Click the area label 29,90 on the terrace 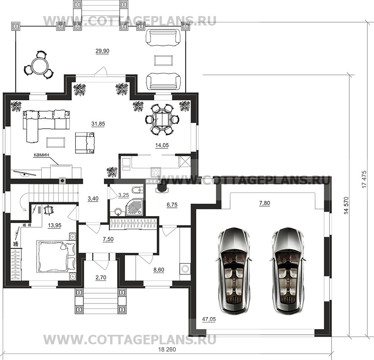tap(102, 51)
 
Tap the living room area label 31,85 tap(98, 124)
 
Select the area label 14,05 tap(162, 145)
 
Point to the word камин tap(41, 155)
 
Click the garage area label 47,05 tap(209, 319)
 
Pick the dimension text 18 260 tap(167, 350)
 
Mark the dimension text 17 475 tap(364, 179)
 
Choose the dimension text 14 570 tap(346, 205)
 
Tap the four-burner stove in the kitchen tap(155, 172)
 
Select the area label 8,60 tap(159, 270)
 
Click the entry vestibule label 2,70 tap(101, 278)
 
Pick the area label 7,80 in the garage tap(264, 203)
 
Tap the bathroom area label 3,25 tap(124, 195)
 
